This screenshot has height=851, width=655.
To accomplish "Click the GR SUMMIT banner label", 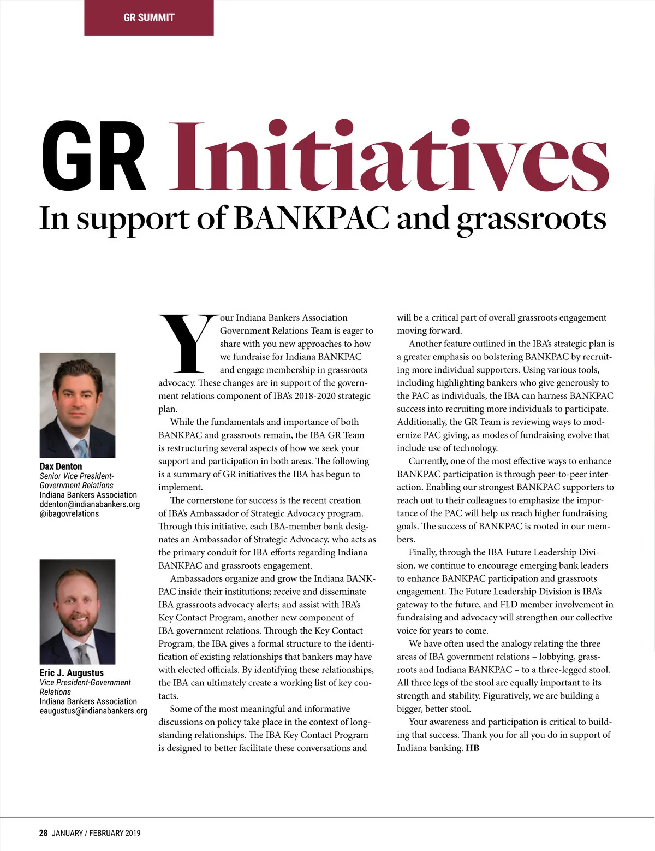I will [148, 17].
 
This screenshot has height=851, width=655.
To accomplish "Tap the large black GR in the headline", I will [94, 157].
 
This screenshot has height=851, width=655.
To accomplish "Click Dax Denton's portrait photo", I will [78, 405].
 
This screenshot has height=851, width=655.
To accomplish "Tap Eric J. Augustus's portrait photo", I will [78, 611].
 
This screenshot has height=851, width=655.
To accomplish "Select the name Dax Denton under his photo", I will [61, 466].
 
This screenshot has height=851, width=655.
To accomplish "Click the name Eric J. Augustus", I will [72, 673].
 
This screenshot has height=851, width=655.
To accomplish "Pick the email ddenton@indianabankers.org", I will [90, 504].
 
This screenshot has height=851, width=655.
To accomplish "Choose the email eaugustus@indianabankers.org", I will [93, 711].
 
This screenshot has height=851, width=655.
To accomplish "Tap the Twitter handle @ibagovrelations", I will [69, 513].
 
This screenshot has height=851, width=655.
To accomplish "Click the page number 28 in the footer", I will [43, 833].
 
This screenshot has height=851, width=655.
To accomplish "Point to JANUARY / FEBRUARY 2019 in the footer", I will [96, 833].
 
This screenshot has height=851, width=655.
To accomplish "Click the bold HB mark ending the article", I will [473, 748].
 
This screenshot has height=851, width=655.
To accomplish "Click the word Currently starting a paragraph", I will [428, 461].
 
